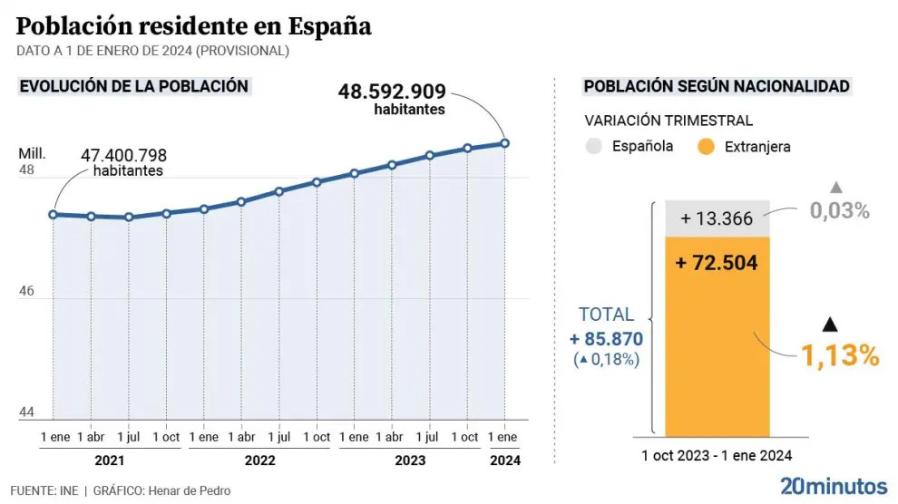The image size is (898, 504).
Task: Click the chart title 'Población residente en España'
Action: coord(193,26)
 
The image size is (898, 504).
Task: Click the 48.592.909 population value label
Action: coord(392,92)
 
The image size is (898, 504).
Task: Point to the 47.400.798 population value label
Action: coord(123,155)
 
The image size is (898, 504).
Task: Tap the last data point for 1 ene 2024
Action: coord(505,143)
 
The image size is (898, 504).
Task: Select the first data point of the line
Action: coord(54,215)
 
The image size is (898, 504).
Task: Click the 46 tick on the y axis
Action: coord(26,292)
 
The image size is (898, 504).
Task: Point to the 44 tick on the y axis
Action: coord(26,412)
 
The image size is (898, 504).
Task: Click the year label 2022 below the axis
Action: coord(259,460)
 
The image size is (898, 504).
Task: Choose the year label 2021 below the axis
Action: coord(109,460)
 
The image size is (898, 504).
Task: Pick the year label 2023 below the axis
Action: coord(410,460)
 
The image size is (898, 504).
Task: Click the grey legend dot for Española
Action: coord(594,146)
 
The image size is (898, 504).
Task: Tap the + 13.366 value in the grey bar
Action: coord(717,218)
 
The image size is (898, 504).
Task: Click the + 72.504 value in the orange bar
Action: coord(717,264)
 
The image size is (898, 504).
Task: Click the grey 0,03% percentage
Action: coord(840,211)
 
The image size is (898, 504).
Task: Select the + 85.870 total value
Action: coord(606,339)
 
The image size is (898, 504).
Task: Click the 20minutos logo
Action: coord(834,485)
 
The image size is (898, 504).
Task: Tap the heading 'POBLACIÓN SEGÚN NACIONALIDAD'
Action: coord(717,87)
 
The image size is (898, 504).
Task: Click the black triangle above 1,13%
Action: coord(828,324)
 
